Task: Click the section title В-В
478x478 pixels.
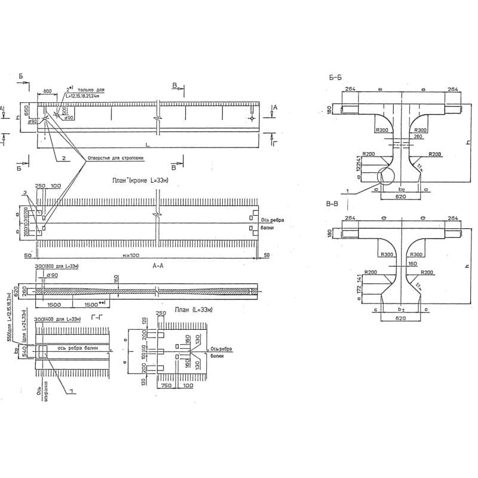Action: (333, 205)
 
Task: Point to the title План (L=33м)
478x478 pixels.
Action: (188, 311)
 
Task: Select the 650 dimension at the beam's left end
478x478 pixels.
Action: (27, 111)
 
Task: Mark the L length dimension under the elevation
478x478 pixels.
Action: (146, 145)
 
